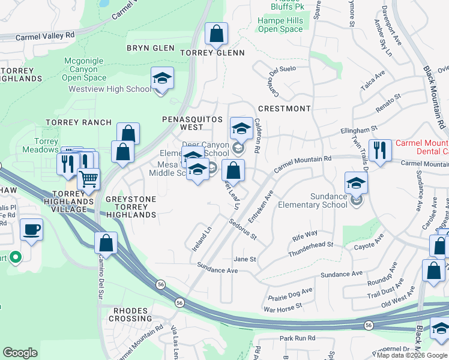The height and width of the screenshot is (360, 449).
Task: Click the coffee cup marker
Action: (31, 229)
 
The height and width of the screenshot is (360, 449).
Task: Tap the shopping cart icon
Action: (88, 179)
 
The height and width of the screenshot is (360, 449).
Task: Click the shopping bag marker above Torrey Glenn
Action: (216, 34)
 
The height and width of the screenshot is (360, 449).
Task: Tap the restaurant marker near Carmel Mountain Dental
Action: (379, 150)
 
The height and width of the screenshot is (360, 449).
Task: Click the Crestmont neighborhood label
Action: (284, 109)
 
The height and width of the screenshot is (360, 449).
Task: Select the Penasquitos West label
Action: (193, 123)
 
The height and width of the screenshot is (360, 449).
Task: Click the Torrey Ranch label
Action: (82, 122)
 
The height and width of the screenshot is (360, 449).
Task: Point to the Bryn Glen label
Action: (150, 47)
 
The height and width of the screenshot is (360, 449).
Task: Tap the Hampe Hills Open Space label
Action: (280, 25)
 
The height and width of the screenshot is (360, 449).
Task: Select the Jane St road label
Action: (245, 259)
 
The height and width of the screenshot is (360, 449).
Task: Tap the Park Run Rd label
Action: (297, 338)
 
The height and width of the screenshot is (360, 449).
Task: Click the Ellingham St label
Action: (358, 128)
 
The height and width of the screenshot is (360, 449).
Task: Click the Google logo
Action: (20, 353)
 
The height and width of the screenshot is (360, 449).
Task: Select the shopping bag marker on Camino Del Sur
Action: (106, 243)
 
